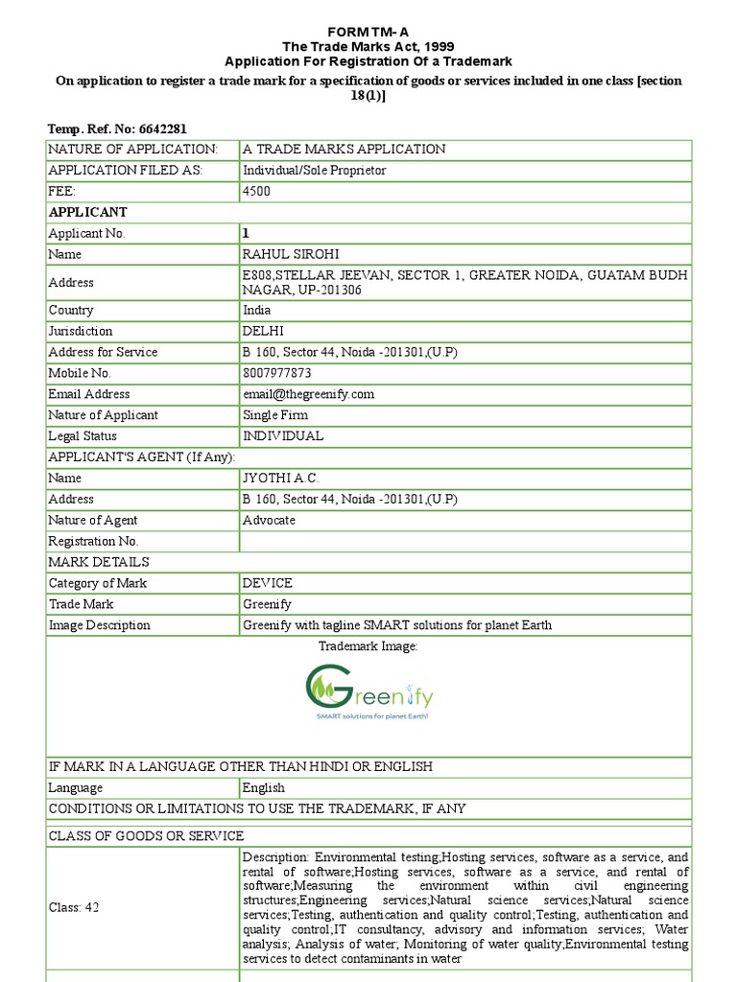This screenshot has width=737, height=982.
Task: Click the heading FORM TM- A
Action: tap(368, 31)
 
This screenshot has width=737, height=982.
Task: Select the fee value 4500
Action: tap(257, 191)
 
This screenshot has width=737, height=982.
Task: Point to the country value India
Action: tap(257, 310)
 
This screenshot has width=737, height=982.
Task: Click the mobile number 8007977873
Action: tap(277, 373)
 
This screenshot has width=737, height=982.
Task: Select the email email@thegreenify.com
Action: tap(308, 394)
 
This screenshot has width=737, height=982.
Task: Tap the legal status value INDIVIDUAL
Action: tap(283, 436)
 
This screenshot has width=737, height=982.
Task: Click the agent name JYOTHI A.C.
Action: tap(281, 478)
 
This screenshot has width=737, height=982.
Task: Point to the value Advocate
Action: tap(270, 520)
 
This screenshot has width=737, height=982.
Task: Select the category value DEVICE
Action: tap(268, 583)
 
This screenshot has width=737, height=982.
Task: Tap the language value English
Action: tap(264, 788)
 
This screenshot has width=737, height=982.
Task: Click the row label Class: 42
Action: tap(74, 907)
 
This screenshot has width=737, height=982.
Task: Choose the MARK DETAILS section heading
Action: tap(99, 562)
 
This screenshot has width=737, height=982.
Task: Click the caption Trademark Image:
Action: tap(368, 647)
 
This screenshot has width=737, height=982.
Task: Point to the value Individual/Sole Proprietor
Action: tap(315, 170)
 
